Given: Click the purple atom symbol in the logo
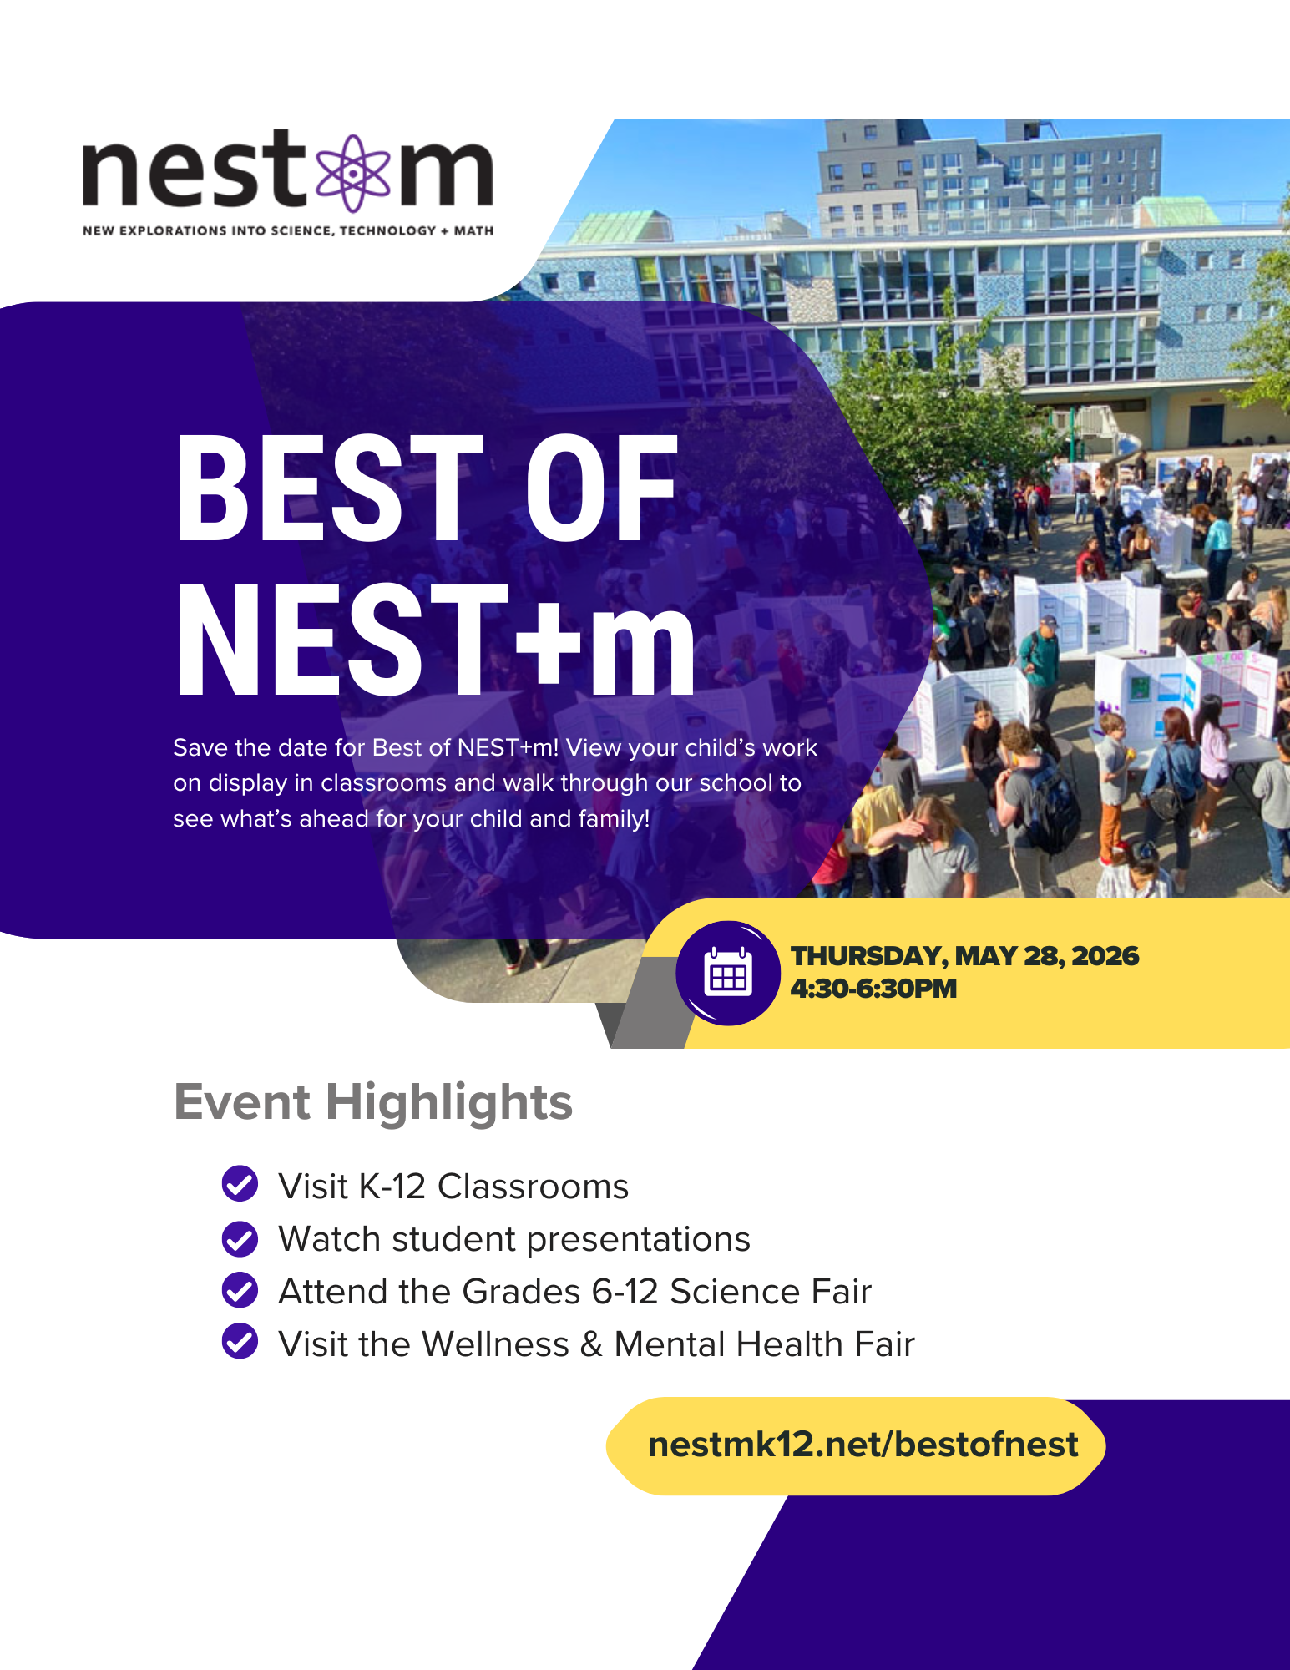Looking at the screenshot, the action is (x=354, y=173).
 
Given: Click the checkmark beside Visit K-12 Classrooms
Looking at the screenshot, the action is (x=240, y=1183).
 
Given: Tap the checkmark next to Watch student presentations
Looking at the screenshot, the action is (x=240, y=1238).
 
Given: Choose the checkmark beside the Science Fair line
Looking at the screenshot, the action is (x=240, y=1290).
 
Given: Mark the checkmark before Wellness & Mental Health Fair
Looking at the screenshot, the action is (x=240, y=1341).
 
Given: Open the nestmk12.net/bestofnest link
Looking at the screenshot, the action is (x=863, y=1445).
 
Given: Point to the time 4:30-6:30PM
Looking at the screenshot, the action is (x=873, y=989).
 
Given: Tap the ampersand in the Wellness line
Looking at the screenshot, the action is (x=591, y=1344).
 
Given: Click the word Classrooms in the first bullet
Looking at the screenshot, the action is (x=533, y=1187).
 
